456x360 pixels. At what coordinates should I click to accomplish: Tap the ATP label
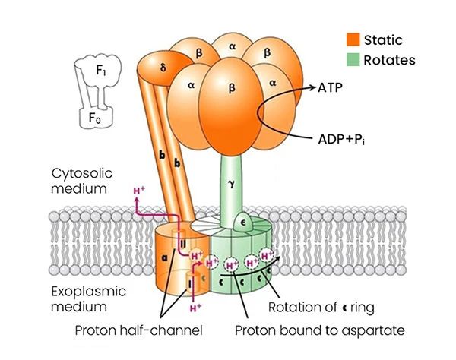(x=329, y=89)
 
